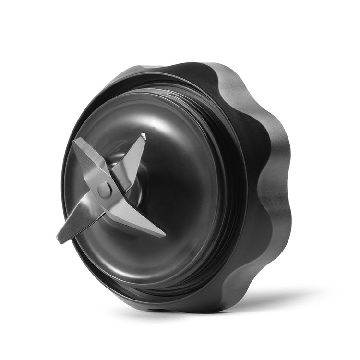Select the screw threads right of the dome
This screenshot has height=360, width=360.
[x=226, y=192]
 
